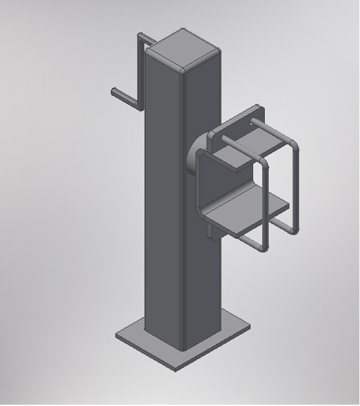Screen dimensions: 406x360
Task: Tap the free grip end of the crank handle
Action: pos(115,92)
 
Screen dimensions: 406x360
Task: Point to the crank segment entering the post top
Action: pos(148,40)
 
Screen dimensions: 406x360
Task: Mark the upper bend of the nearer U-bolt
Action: pos(266,164)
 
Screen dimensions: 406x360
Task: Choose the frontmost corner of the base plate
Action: pos(174,369)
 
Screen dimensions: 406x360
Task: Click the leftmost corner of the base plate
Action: pos(118,335)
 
